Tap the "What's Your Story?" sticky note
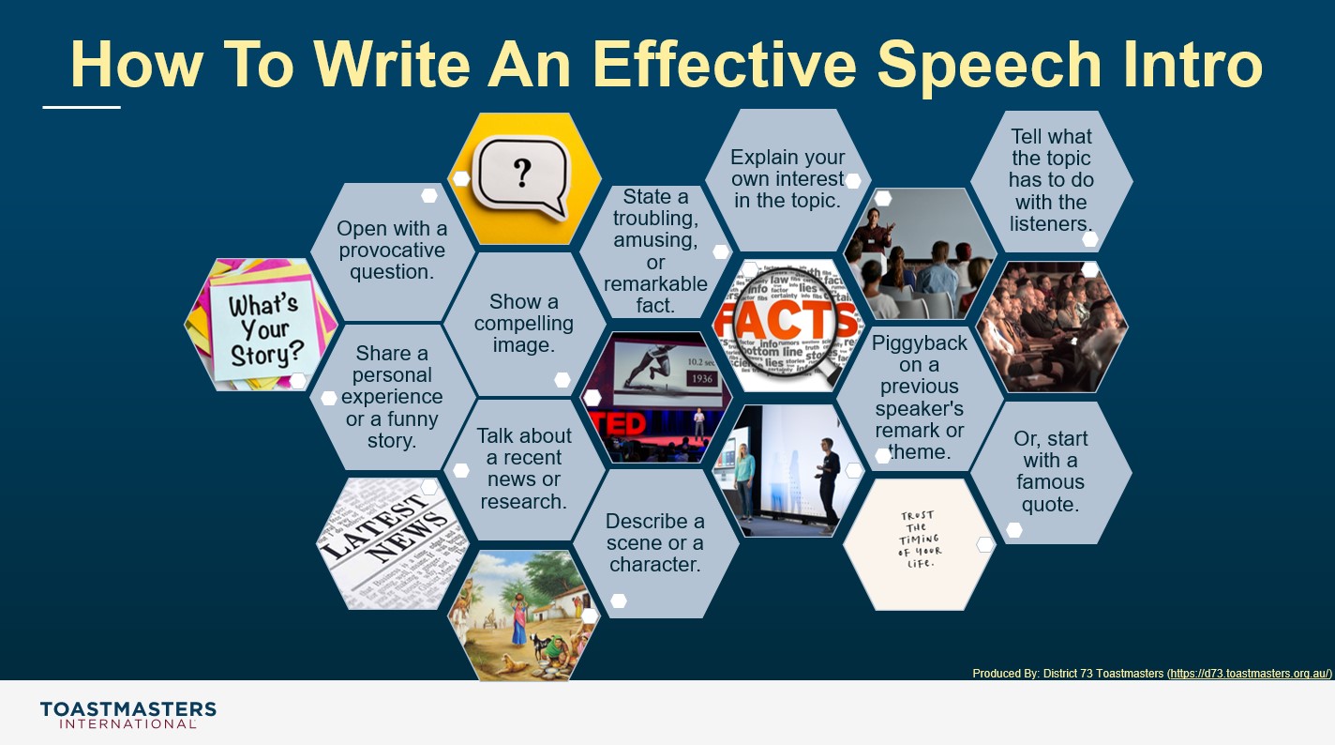point(263,327)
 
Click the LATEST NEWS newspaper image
point(392,541)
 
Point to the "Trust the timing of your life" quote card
point(918,543)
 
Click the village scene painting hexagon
point(521,615)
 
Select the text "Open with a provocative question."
point(392,251)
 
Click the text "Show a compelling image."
point(523,324)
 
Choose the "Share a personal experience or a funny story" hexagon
point(392,397)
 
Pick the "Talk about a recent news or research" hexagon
point(523,468)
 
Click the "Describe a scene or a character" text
point(654,542)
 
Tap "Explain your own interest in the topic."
point(787,178)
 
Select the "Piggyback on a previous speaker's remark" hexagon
point(919,397)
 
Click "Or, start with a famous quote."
point(1050,471)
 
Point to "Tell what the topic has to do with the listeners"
point(1051,180)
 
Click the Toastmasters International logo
point(127,714)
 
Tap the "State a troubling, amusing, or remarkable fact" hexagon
point(655,251)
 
